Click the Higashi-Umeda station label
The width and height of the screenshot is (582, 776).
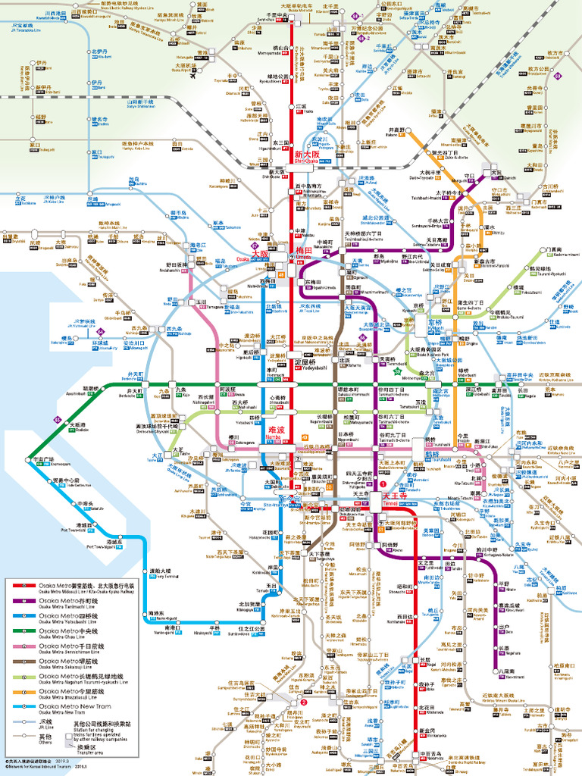(x=315, y=284)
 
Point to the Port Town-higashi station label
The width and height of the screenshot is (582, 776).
(x=115, y=544)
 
